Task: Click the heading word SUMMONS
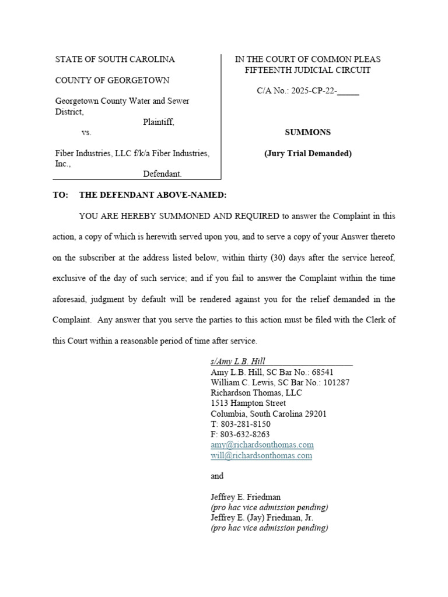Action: pyautogui.click(x=307, y=132)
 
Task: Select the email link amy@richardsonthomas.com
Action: pyautogui.click(x=262, y=445)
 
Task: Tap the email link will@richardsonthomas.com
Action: pyautogui.click(x=261, y=456)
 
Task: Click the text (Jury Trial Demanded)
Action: pyautogui.click(x=307, y=154)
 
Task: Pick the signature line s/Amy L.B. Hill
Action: pyautogui.click(x=238, y=361)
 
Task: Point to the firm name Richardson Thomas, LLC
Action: pyautogui.click(x=256, y=393)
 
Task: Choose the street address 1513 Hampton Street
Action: pyautogui.click(x=248, y=403)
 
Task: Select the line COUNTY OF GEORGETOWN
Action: pyautogui.click(x=113, y=80)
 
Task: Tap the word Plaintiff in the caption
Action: pyautogui.click(x=158, y=122)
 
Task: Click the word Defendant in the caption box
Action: pyautogui.click(x=162, y=174)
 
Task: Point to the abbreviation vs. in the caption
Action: pyautogui.click(x=86, y=132)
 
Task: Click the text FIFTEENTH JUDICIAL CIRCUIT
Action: pyautogui.click(x=307, y=70)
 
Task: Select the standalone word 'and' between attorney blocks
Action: pyautogui.click(x=217, y=476)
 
